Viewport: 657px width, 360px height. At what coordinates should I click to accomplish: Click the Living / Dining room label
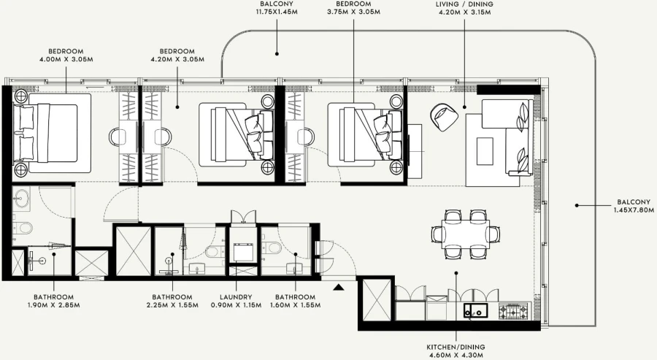pos(464,4)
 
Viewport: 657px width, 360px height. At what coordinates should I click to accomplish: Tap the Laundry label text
pos(237,297)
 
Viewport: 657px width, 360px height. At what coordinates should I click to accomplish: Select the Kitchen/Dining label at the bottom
pos(456,347)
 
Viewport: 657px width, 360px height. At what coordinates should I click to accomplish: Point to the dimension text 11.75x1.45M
pos(277,12)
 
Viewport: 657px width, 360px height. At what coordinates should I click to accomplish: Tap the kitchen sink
pos(474,310)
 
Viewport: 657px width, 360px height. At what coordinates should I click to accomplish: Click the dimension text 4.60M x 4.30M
pos(456,355)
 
